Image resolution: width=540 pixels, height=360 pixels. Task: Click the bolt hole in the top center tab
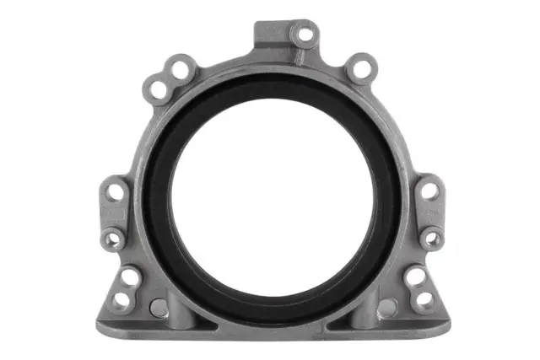pos(303,36)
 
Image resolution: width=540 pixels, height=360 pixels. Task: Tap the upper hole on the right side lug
pos(428,191)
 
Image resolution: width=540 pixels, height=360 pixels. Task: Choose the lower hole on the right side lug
pos(431,239)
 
